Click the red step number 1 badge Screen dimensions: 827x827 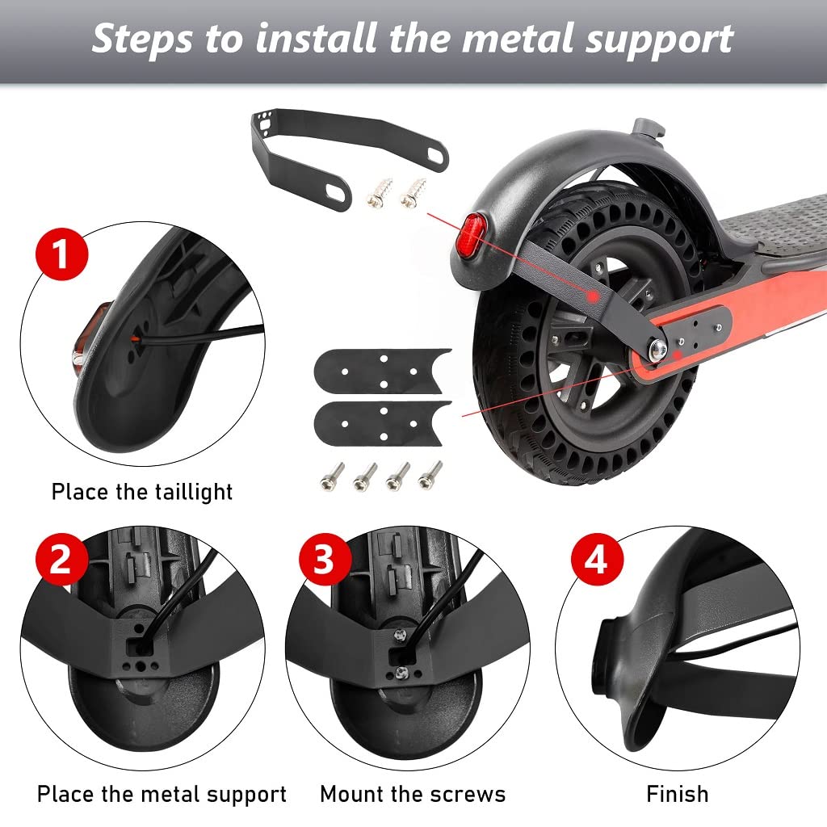pyautogui.click(x=61, y=254)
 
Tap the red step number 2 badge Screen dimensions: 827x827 pyautogui.click(x=61, y=559)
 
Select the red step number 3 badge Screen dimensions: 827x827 pyautogui.click(x=325, y=559)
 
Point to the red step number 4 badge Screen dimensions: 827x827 pyautogui.click(x=597, y=559)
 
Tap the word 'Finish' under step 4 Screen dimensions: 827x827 pyautogui.click(x=678, y=794)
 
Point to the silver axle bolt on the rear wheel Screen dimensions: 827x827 pyautogui.click(x=657, y=349)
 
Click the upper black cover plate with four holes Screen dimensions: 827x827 pyautogui.click(x=382, y=371)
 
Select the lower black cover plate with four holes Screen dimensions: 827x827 pyautogui.click(x=382, y=423)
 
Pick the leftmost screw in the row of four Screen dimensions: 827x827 pyautogui.click(x=332, y=476)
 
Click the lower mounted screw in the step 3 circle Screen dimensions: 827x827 pyautogui.click(x=401, y=673)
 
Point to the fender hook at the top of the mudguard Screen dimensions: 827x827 pyautogui.click(x=649, y=128)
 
